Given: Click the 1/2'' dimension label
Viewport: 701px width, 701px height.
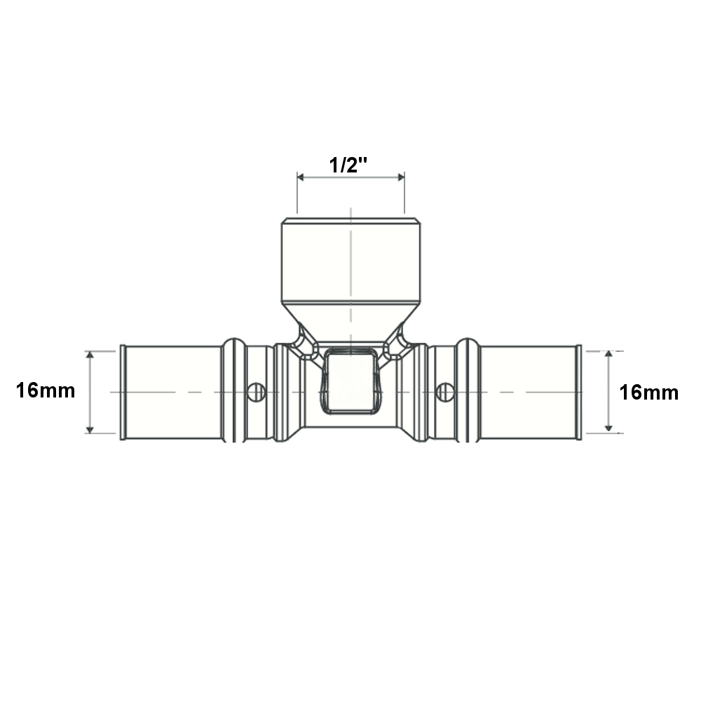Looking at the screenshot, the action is click(x=348, y=165).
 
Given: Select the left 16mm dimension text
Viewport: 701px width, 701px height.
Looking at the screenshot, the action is click(x=46, y=390).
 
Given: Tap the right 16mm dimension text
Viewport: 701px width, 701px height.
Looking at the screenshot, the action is click(x=648, y=393).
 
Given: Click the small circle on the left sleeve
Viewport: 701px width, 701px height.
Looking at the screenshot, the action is click(x=257, y=392).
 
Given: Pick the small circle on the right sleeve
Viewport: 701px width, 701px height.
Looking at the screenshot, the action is click(x=445, y=392).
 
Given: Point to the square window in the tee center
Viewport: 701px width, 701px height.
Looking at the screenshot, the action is click(x=350, y=381).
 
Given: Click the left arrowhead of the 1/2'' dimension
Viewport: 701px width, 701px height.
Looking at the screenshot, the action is click(x=301, y=177).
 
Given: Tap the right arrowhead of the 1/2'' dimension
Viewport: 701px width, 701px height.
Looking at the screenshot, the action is click(x=401, y=177).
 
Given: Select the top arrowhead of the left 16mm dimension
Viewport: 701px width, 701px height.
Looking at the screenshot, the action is click(x=90, y=355).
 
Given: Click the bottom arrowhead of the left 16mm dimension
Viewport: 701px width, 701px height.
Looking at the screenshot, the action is click(x=90, y=430).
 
